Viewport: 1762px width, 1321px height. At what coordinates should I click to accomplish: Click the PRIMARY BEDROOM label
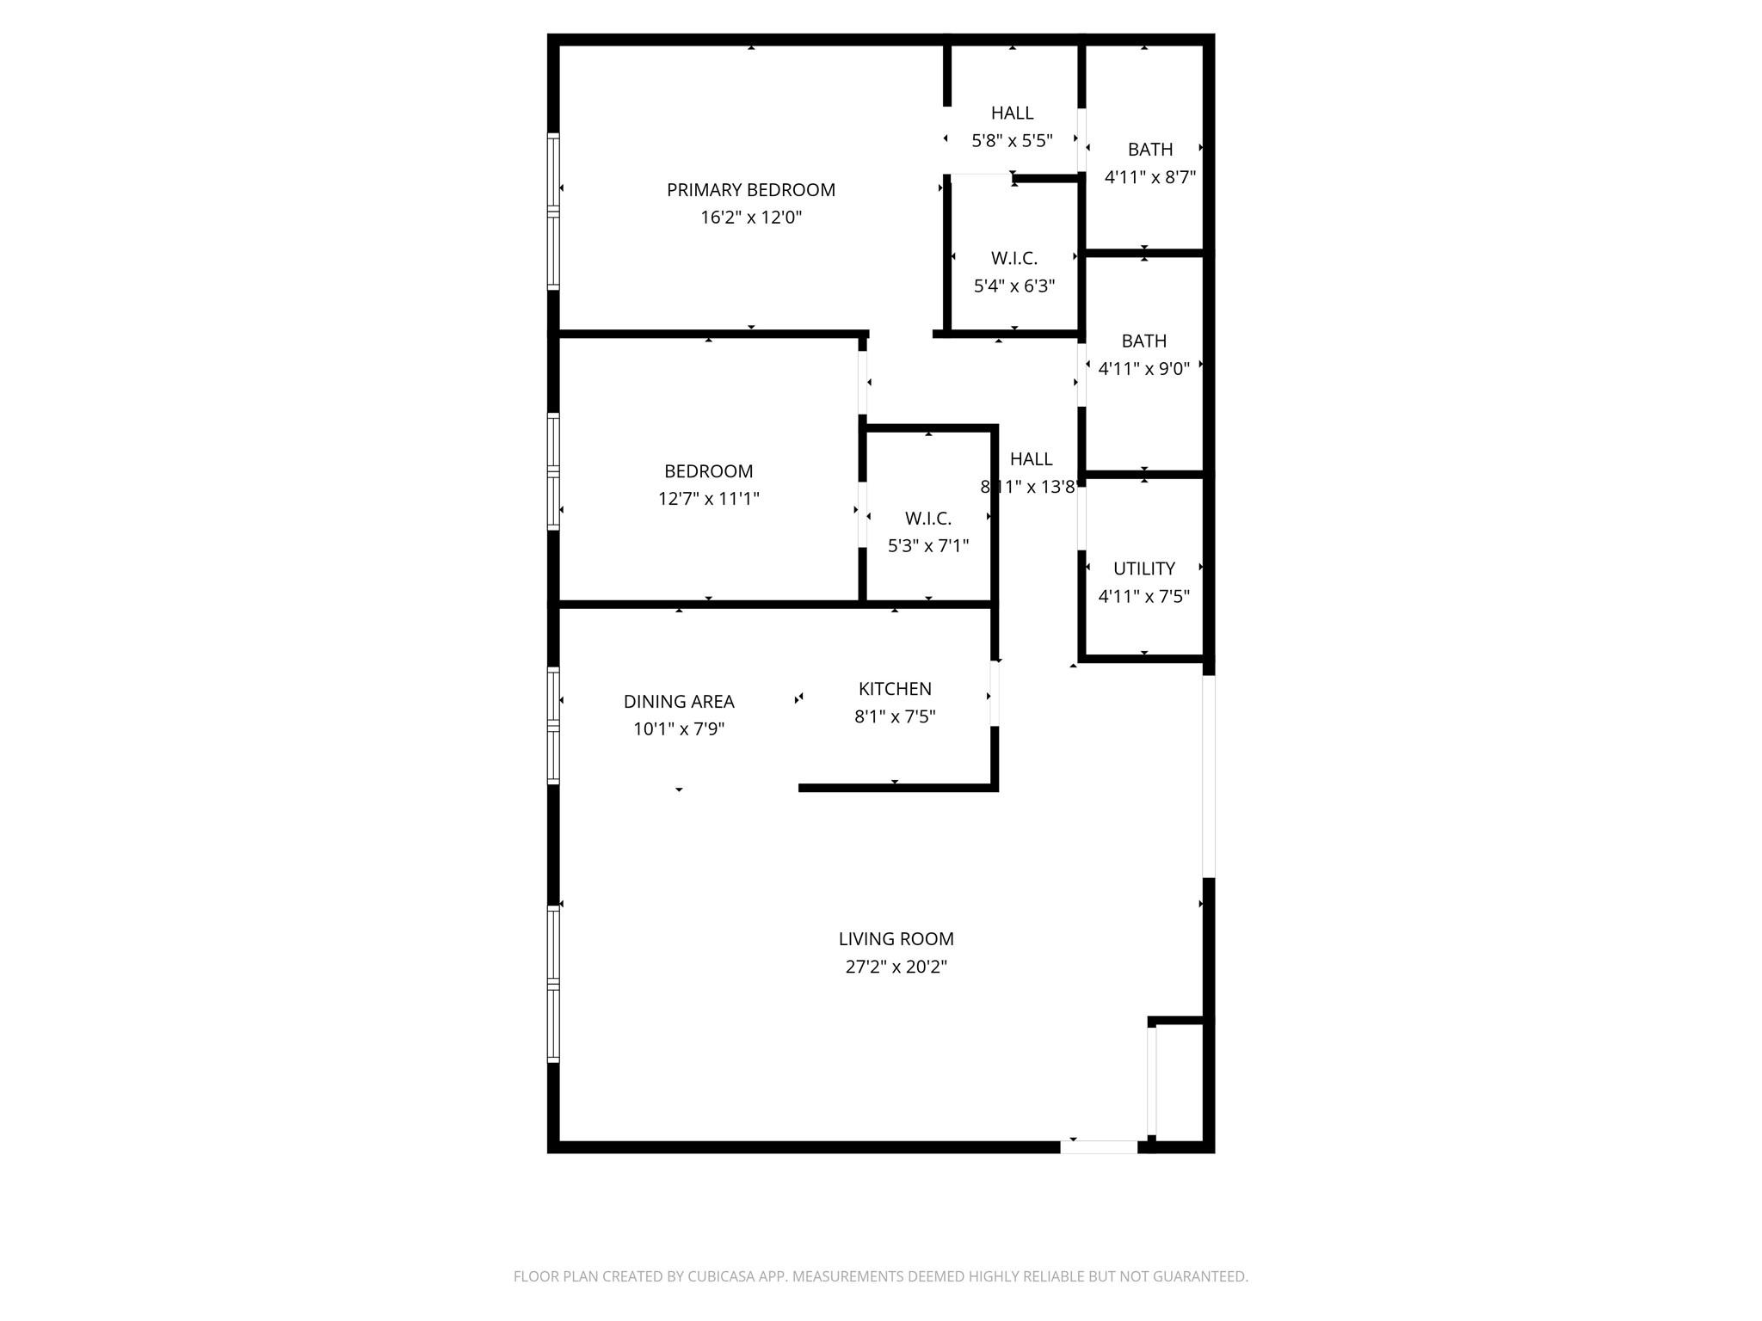tap(750, 190)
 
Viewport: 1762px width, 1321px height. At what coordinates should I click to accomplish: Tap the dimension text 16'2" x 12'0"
tap(750, 218)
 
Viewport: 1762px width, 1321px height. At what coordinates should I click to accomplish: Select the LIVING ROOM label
tap(896, 939)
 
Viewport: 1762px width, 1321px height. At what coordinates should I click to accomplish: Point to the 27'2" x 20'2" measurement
tap(896, 967)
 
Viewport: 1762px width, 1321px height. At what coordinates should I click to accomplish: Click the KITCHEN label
tap(895, 689)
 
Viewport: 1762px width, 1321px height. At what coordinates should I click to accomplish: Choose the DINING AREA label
tap(679, 702)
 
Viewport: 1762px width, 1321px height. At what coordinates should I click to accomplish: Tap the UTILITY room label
tap(1143, 568)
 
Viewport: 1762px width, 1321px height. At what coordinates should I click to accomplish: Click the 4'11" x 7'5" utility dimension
tap(1143, 596)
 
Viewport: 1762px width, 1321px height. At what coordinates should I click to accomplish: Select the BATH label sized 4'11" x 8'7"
tap(1150, 150)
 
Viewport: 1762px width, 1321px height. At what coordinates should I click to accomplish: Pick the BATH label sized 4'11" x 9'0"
tap(1143, 341)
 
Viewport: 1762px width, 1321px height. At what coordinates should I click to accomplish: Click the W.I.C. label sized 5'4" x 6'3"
tap(1013, 258)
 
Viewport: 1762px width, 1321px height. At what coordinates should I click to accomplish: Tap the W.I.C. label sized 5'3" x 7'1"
tap(927, 519)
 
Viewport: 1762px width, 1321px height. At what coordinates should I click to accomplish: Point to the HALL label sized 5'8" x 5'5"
tap(1012, 113)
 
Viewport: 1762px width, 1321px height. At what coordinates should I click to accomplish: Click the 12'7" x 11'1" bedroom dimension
tap(708, 499)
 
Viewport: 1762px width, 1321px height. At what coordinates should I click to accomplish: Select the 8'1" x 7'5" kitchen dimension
tap(895, 716)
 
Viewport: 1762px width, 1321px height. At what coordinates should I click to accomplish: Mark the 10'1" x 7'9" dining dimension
tap(679, 729)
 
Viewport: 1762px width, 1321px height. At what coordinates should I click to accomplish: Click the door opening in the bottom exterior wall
tap(1099, 1146)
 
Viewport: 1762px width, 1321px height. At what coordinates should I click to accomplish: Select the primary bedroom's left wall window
tap(553, 211)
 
